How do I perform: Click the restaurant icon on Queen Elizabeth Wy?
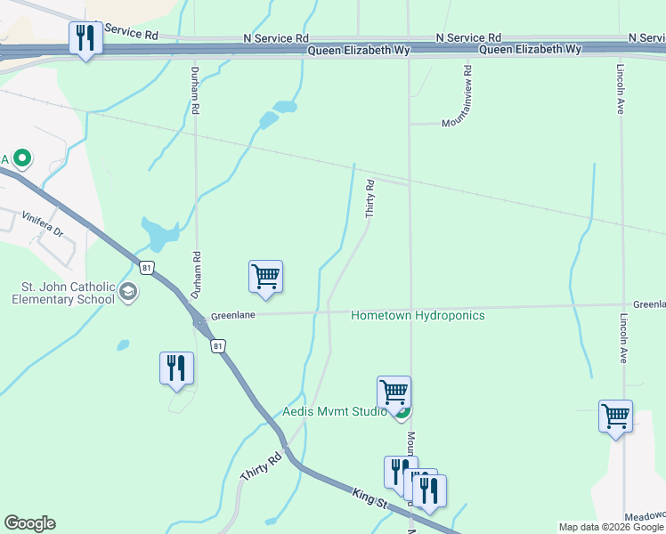click(x=85, y=38)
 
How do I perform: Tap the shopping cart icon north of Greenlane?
click(x=265, y=277)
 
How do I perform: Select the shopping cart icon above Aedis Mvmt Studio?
click(x=394, y=392)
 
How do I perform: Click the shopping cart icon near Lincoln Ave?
click(x=615, y=417)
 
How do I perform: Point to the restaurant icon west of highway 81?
click(x=176, y=368)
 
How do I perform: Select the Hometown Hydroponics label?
click(x=418, y=316)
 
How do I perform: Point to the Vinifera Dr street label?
click(x=44, y=223)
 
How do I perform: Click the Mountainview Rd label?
click(x=467, y=93)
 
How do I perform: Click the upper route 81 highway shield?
click(x=146, y=266)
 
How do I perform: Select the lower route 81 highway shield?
click(x=216, y=345)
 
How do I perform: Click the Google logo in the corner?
click(x=29, y=523)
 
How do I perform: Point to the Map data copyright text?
click(x=611, y=527)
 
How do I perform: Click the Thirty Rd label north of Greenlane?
click(x=370, y=198)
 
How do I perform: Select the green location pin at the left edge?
click(x=23, y=159)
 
